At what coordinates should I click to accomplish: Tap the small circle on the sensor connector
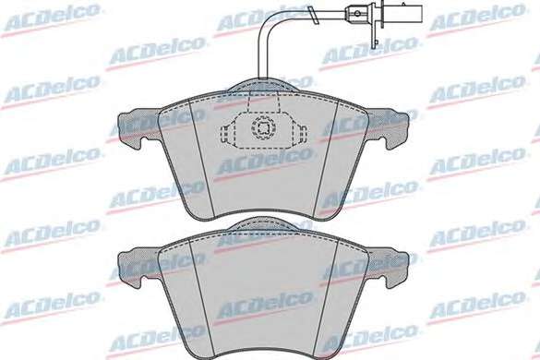pyautogui.click(x=357, y=14)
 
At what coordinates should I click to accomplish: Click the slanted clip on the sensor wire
pyautogui.click(x=313, y=16)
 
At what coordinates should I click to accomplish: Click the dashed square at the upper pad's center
pyautogui.click(x=263, y=128)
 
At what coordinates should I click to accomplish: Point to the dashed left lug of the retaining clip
pyautogui.click(x=227, y=134)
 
